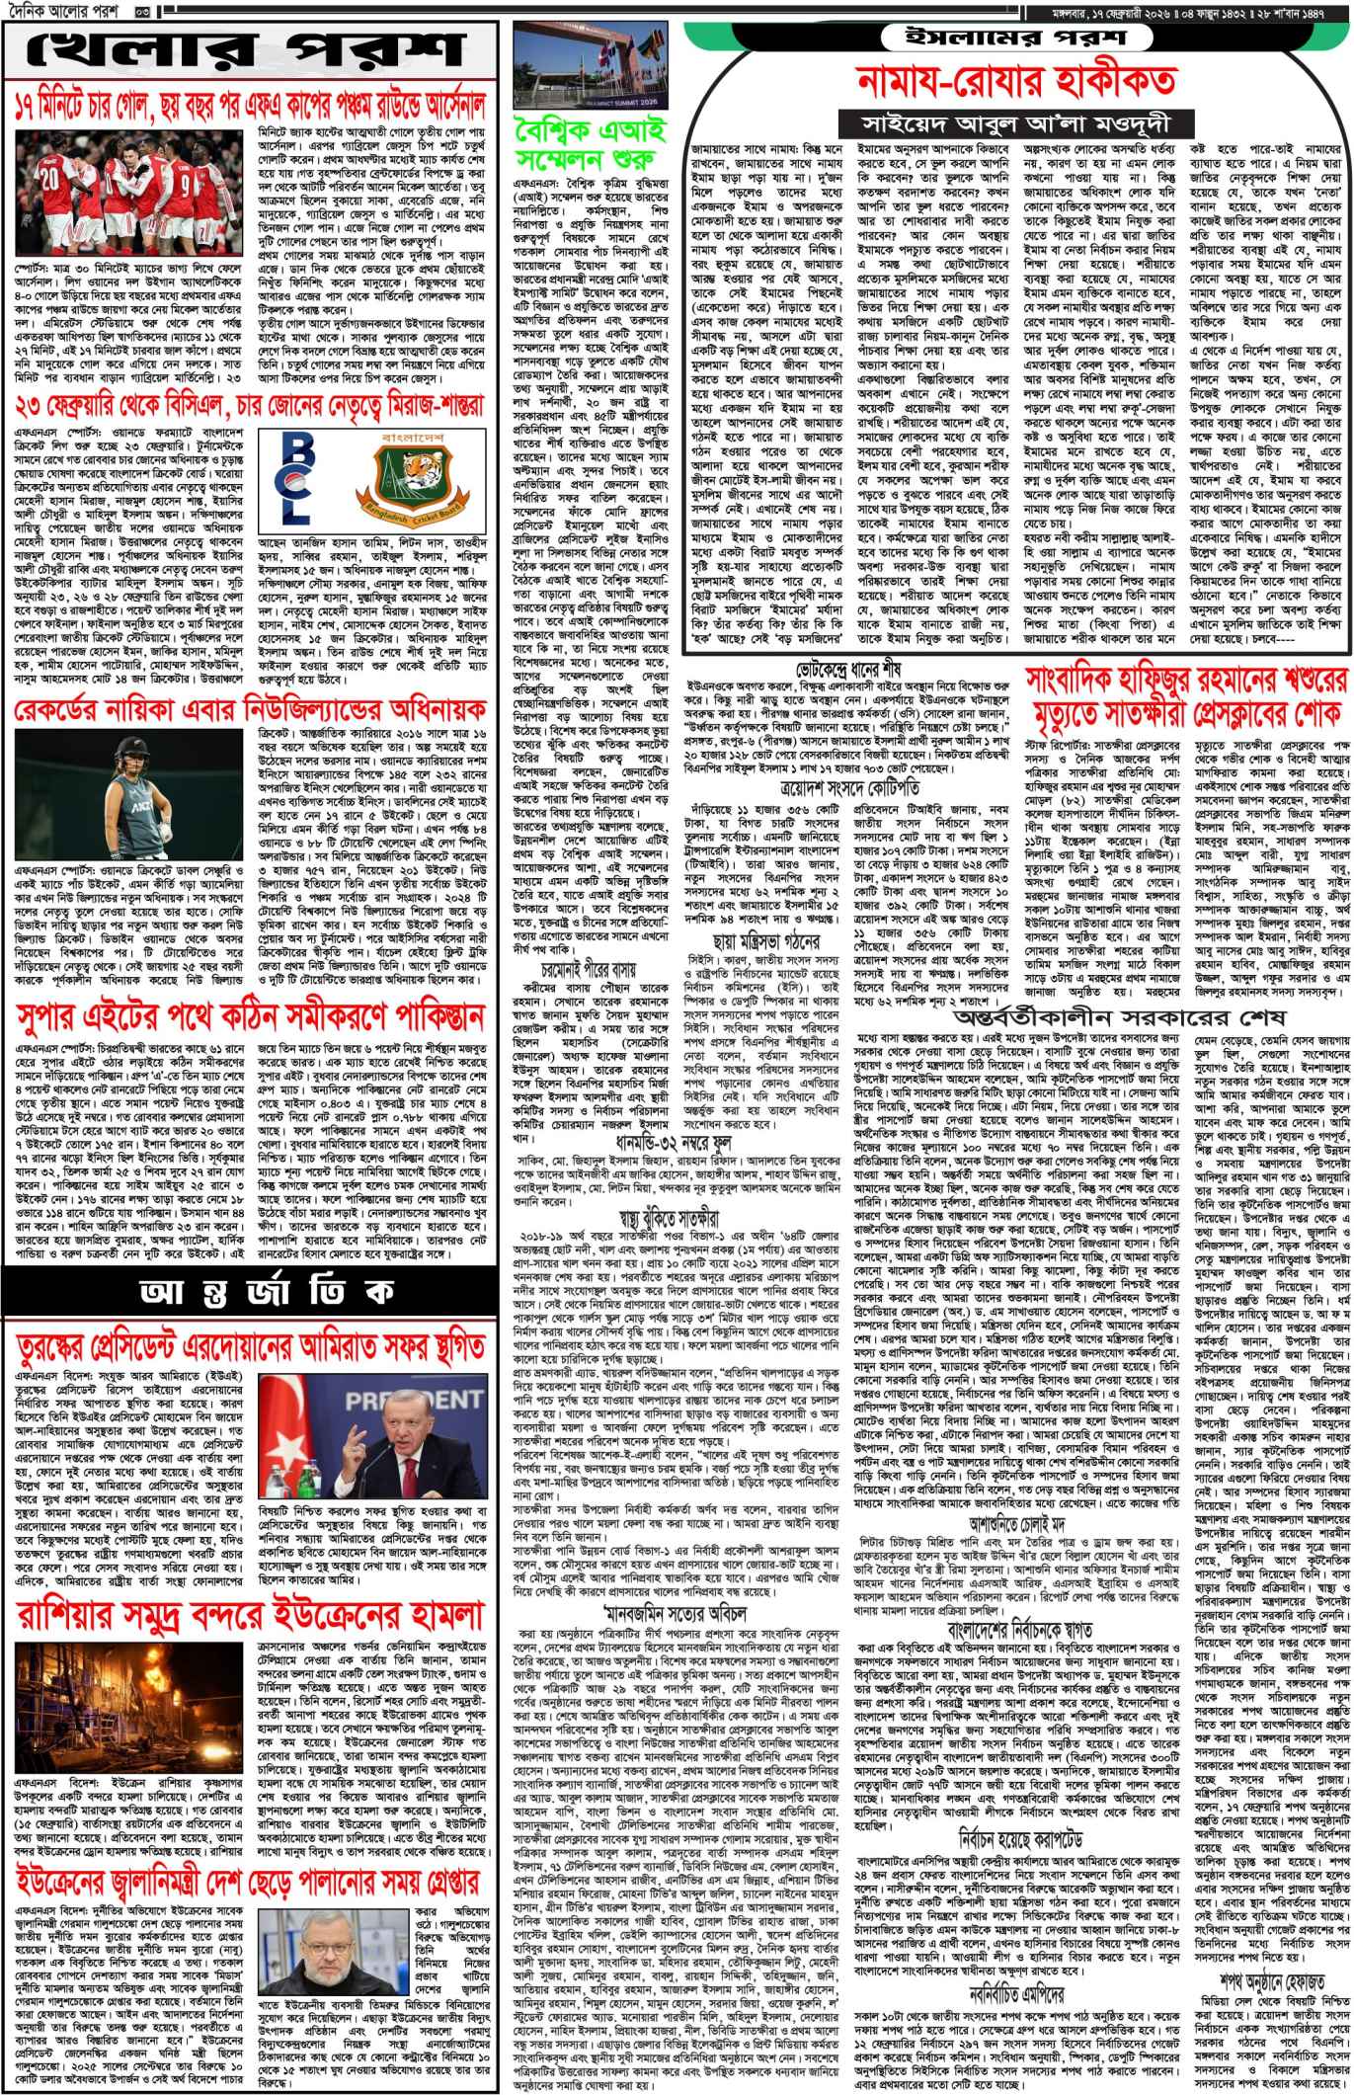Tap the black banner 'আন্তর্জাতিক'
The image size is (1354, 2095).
point(251,1290)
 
